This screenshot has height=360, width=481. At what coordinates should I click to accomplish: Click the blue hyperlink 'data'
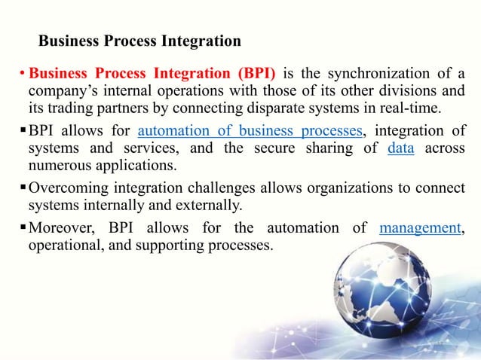pyautogui.click(x=400, y=148)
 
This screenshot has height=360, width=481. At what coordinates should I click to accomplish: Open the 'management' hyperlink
pyautogui.click(x=420, y=227)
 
